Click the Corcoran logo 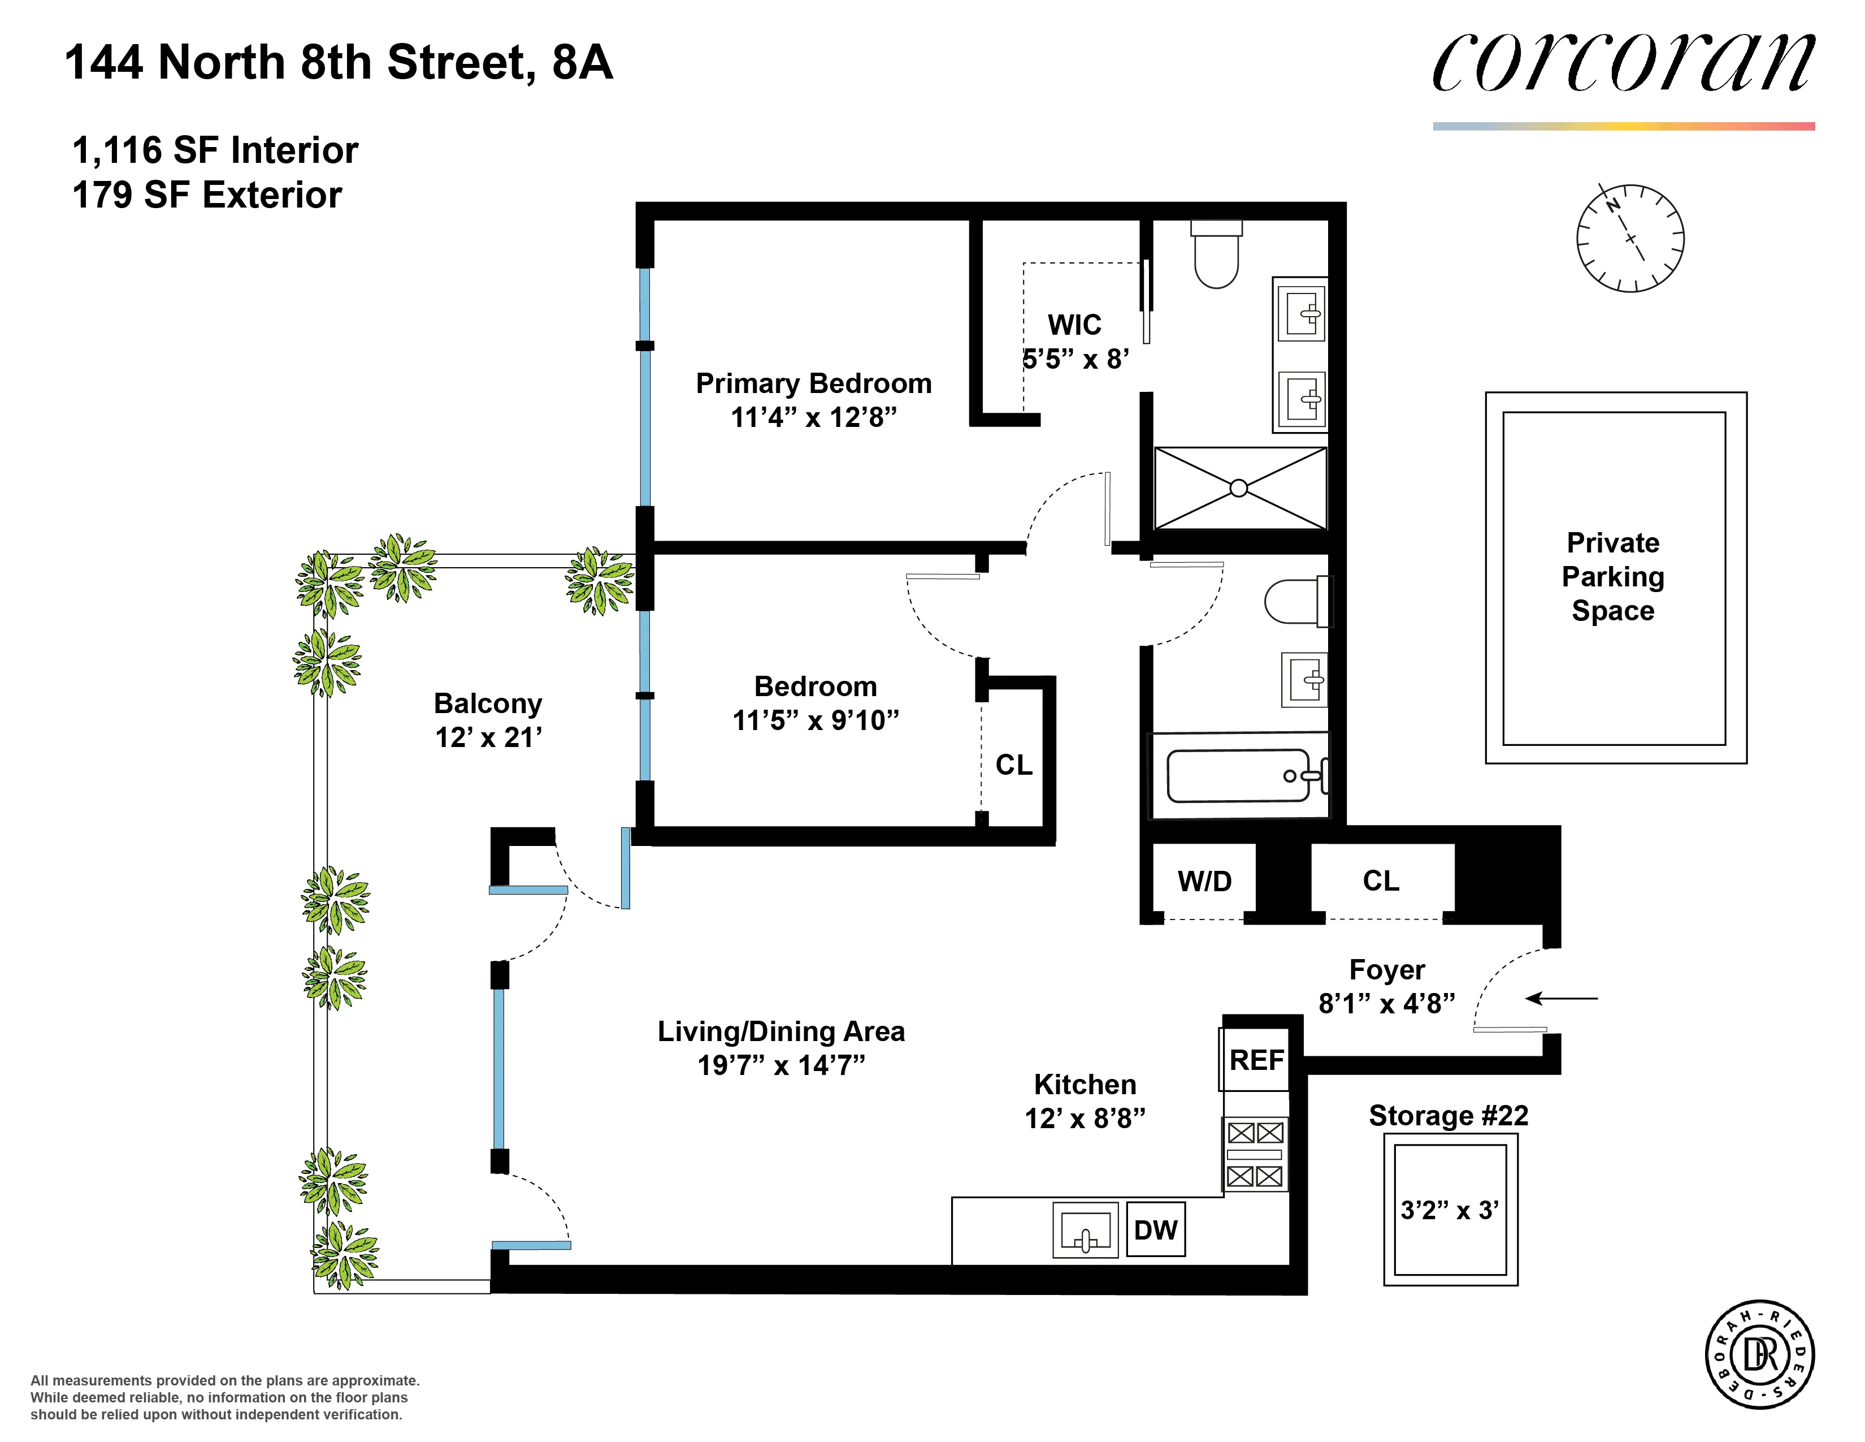(1623, 63)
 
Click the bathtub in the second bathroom (1238, 776)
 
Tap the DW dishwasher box (1155, 1229)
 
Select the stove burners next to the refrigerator (1255, 1154)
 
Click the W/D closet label (1204, 880)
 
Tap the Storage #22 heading (1448, 1116)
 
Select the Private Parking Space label (1613, 577)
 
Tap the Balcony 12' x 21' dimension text (488, 737)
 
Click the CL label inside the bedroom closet (1014, 765)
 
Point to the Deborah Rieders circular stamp (1759, 1355)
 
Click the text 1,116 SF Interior (215, 150)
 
